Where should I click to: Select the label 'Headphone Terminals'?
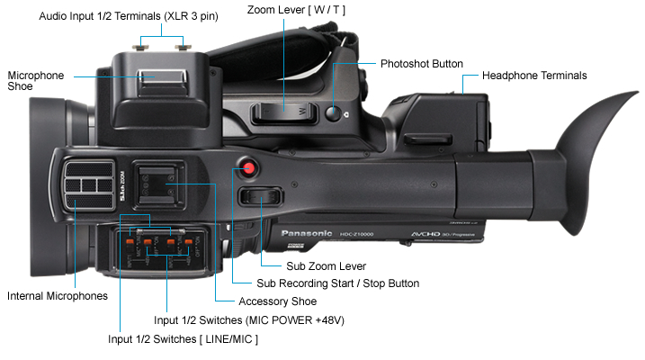(x=534, y=76)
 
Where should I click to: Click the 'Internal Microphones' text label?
(x=57, y=295)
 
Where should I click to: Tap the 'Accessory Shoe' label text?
(x=277, y=301)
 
